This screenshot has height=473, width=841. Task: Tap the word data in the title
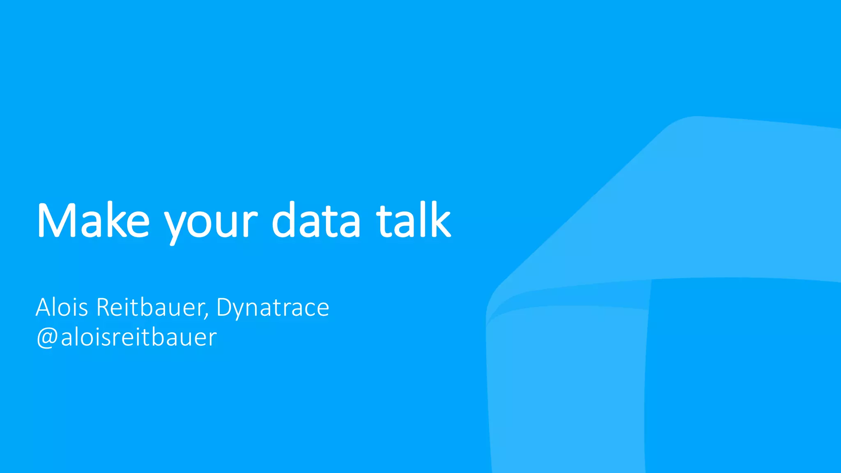(316, 220)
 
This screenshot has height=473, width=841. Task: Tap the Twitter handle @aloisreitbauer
(126, 338)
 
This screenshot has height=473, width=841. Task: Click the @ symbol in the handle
(47, 338)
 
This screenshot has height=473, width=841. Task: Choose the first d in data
(283, 220)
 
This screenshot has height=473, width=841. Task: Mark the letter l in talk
(419, 220)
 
